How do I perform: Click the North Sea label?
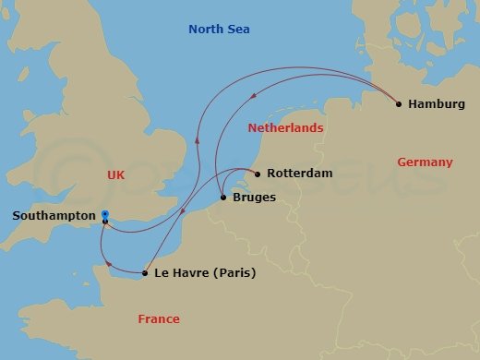tap(219, 30)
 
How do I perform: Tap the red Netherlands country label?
tap(285, 128)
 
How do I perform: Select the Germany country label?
tap(425, 162)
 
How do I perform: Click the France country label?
tap(159, 319)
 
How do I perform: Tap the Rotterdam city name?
tap(299, 174)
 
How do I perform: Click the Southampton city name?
tap(54, 216)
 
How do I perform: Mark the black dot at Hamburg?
tap(398, 104)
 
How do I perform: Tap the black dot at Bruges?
tap(224, 197)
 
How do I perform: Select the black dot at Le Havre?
tap(145, 273)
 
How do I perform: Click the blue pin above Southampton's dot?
tap(104, 215)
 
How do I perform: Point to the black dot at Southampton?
tap(105, 222)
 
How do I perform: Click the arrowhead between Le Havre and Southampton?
tap(112, 266)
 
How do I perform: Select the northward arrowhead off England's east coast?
tap(196, 140)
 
